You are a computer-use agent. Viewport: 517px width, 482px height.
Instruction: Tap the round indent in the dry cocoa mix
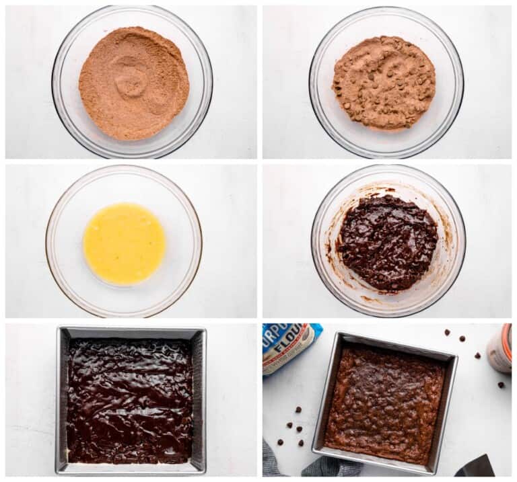point(130,77)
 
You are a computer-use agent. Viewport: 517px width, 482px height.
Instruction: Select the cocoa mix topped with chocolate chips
point(384,83)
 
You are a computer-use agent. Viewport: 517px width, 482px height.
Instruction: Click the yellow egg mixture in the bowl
point(125,243)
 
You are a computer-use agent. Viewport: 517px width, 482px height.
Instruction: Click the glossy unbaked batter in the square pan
point(129,400)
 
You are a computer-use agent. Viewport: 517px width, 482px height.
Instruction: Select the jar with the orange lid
point(501,348)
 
